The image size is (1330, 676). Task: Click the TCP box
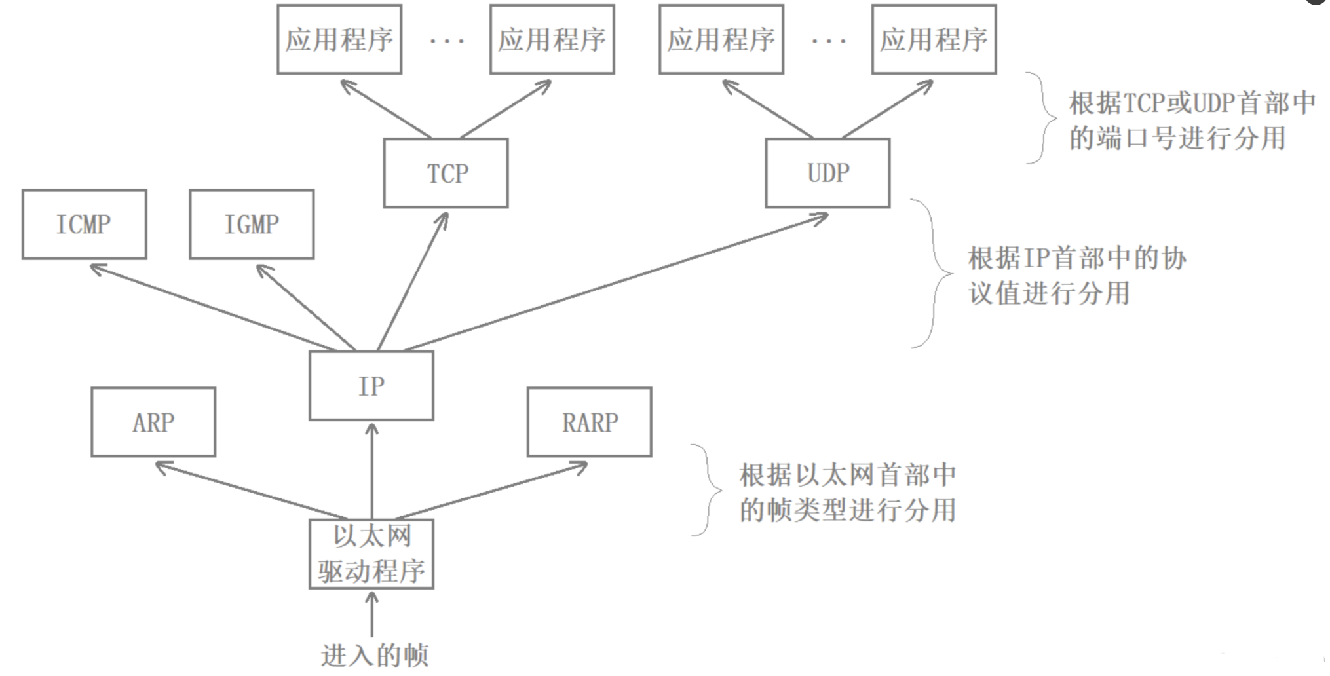[x=446, y=173]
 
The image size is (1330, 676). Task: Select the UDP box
[x=827, y=173]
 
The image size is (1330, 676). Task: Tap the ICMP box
[x=84, y=225]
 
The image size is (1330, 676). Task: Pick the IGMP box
[x=252, y=225]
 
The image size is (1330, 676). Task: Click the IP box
[x=371, y=386]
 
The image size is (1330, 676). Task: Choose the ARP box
[x=153, y=422]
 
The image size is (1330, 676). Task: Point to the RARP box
[x=590, y=422]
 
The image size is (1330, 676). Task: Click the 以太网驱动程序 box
[x=371, y=554]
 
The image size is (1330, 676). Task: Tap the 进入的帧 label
[x=375, y=655]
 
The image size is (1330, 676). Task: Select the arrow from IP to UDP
[x=616, y=282]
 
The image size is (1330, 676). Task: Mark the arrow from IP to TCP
[x=413, y=281]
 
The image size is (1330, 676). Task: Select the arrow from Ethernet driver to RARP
[x=492, y=491]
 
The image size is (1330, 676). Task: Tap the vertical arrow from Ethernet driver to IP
[x=372, y=471]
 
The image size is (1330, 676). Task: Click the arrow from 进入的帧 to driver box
[x=372, y=614]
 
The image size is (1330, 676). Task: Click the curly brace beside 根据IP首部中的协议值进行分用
[x=932, y=274]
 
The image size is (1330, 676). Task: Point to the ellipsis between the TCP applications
[x=447, y=41]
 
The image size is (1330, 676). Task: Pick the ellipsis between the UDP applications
[x=828, y=41]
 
